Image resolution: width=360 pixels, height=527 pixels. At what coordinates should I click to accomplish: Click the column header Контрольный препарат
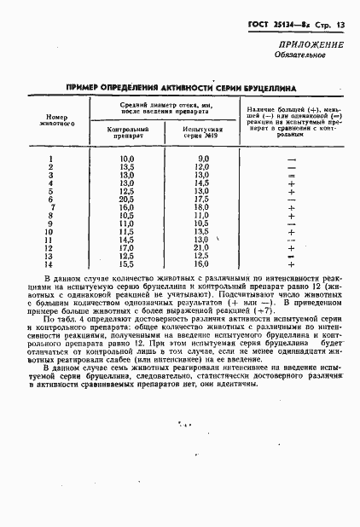click(127, 132)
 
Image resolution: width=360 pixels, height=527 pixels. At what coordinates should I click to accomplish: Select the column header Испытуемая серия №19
click(202, 132)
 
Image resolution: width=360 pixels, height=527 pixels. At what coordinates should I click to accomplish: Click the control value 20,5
click(128, 199)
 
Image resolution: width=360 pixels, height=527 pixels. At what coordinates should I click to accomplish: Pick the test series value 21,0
click(202, 247)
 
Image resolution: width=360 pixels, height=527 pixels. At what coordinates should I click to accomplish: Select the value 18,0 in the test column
click(202, 207)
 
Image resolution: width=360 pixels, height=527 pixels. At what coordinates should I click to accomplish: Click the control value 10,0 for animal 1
click(128, 159)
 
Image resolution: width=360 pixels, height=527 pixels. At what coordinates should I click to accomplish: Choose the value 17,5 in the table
click(202, 199)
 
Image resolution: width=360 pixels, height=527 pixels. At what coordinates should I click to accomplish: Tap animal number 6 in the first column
click(52, 199)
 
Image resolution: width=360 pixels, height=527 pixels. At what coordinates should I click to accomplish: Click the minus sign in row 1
click(292, 159)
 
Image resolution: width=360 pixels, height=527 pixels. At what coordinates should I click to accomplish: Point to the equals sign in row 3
click(292, 175)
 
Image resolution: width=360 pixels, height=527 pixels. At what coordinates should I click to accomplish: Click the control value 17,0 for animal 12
click(128, 247)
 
